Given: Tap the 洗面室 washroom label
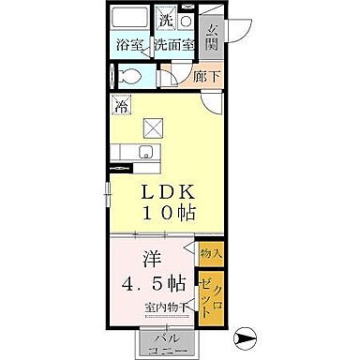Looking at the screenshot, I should point(174,44).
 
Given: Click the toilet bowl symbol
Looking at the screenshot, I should point(131,78).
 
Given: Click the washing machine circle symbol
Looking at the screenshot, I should point(186,21).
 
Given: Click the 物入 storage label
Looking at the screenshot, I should point(210,253).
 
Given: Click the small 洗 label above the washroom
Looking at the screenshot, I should point(165,20).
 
